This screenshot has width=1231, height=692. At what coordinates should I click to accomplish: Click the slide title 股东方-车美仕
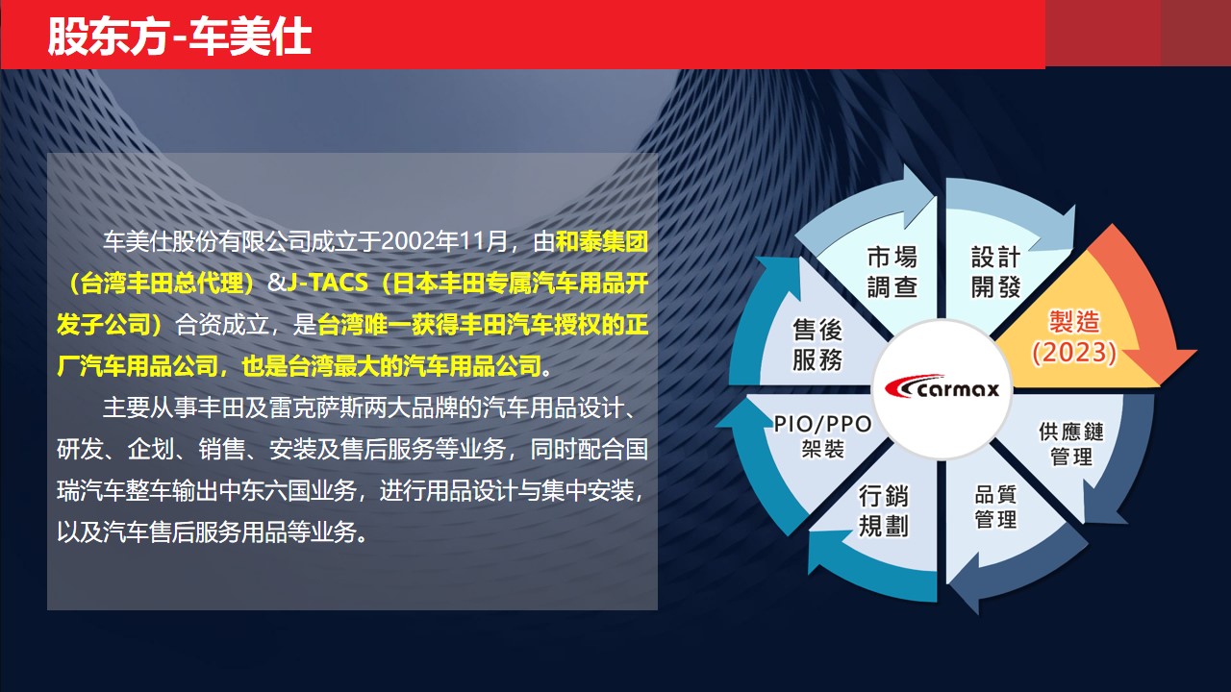(x=179, y=37)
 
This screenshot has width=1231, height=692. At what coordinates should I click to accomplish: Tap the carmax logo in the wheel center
(x=942, y=387)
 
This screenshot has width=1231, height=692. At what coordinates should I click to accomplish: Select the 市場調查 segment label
(x=892, y=271)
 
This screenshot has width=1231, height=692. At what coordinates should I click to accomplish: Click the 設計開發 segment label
(x=995, y=271)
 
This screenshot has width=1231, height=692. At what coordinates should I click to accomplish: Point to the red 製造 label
(x=1074, y=322)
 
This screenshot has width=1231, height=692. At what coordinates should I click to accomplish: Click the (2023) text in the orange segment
(x=1074, y=352)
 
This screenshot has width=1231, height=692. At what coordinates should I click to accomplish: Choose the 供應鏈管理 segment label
(x=1071, y=444)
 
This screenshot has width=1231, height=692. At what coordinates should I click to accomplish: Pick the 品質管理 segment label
(x=995, y=507)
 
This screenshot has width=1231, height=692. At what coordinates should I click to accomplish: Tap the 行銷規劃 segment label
(x=883, y=510)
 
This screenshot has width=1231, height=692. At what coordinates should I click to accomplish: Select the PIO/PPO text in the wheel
(x=822, y=424)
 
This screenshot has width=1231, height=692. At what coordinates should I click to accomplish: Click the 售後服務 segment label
(x=817, y=345)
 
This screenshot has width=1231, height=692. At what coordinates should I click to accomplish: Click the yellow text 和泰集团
(x=602, y=241)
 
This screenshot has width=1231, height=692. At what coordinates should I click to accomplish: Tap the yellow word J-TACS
(x=327, y=283)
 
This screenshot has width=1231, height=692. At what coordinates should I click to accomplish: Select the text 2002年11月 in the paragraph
(x=444, y=241)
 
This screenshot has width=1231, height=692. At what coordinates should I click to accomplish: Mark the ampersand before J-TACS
(x=277, y=283)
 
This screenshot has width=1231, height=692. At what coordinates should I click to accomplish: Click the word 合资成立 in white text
(x=222, y=325)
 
